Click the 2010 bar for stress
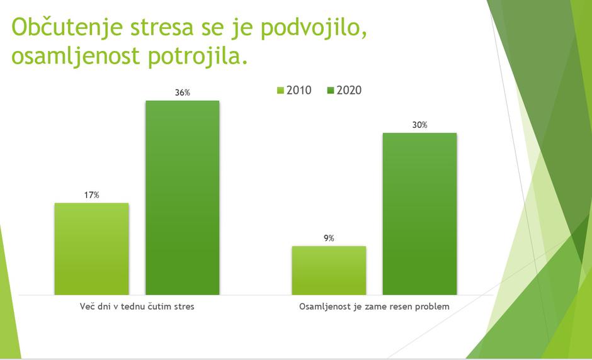pyautogui.click(x=91, y=249)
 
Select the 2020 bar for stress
pyautogui.click(x=183, y=198)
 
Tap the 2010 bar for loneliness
pyautogui.click(x=329, y=270)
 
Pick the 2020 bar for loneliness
pyautogui.click(x=419, y=214)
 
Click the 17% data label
pyautogui.click(x=92, y=195)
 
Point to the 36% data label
pyautogui.click(x=183, y=93)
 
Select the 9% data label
pyautogui.click(x=329, y=238)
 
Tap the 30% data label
pyautogui.click(x=419, y=125)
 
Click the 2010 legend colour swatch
pyautogui.click(x=281, y=91)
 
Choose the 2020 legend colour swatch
pyautogui.click(x=331, y=91)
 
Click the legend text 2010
pyautogui.click(x=299, y=91)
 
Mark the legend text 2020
pyautogui.click(x=349, y=91)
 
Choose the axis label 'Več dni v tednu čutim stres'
pyautogui.click(x=137, y=307)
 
